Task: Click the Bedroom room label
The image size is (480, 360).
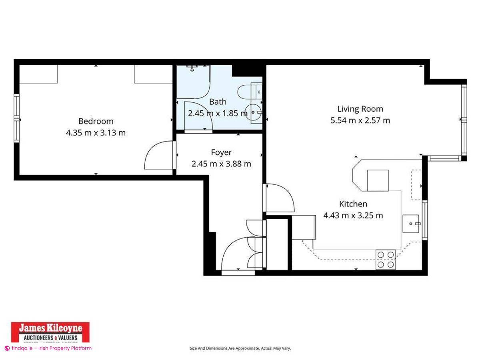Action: [x=96, y=121]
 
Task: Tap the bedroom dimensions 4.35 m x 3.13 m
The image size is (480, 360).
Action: [x=96, y=132]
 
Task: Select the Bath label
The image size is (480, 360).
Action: [x=218, y=102]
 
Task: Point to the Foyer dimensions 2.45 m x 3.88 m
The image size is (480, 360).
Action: [x=221, y=164]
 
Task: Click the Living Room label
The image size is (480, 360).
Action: [x=360, y=109]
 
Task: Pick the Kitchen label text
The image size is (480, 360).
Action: [x=353, y=204]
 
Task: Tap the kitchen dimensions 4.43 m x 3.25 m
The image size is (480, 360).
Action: [x=353, y=216]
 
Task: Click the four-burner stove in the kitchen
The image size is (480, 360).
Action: [x=386, y=259]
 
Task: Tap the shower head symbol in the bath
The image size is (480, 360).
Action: [x=193, y=68]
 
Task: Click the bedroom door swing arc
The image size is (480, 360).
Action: [x=158, y=155]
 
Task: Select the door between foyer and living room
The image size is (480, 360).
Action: [x=279, y=198]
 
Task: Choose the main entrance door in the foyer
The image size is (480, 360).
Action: [x=236, y=254]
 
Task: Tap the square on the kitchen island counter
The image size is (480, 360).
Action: [x=378, y=180]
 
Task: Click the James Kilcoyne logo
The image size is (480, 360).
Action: [x=50, y=332]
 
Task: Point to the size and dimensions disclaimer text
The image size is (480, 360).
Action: [x=240, y=348]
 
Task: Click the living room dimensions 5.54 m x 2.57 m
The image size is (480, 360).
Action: [x=360, y=120]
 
